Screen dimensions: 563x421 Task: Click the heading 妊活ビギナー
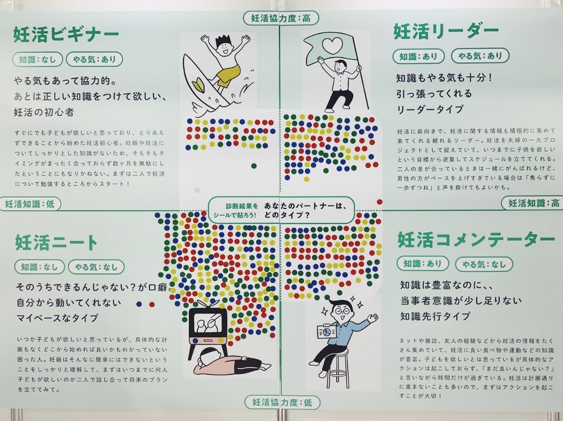tap(66, 35)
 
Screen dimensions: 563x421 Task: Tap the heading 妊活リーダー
tap(446, 32)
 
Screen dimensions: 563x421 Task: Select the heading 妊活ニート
tap(56, 242)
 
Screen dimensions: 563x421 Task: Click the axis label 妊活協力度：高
tap(281, 19)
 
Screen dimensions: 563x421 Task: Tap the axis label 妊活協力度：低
tap(283, 402)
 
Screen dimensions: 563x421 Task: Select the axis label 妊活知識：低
tap(30, 204)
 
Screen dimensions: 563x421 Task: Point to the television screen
tap(208, 324)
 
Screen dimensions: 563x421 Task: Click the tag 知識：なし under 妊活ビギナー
tap(37, 59)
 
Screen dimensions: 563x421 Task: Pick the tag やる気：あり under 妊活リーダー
tap(480, 56)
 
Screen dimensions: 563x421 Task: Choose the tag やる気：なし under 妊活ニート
tap(96, 267)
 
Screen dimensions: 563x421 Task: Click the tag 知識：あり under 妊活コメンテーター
tap(423, 264)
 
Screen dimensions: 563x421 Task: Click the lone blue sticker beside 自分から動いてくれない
tap(139, 304)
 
